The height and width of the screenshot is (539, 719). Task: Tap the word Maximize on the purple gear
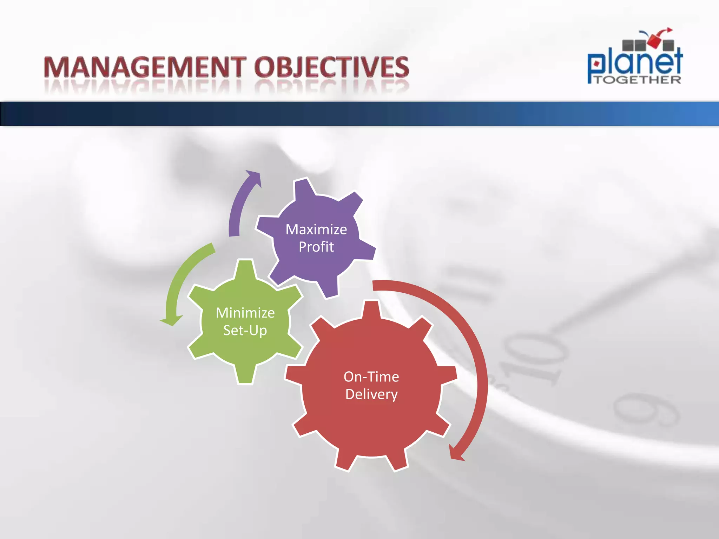point(316,229)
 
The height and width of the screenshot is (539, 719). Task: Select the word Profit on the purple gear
point(316,247)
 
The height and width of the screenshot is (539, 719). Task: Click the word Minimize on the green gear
point(245,313)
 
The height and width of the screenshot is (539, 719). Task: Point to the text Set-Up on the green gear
point(245,330)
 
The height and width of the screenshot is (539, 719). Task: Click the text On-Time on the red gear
point(371,377)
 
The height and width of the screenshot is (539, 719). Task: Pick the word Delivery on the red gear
point(371,394)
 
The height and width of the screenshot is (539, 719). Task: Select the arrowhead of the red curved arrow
point(456,454)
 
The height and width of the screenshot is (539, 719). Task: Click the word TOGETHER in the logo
point(638,80)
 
